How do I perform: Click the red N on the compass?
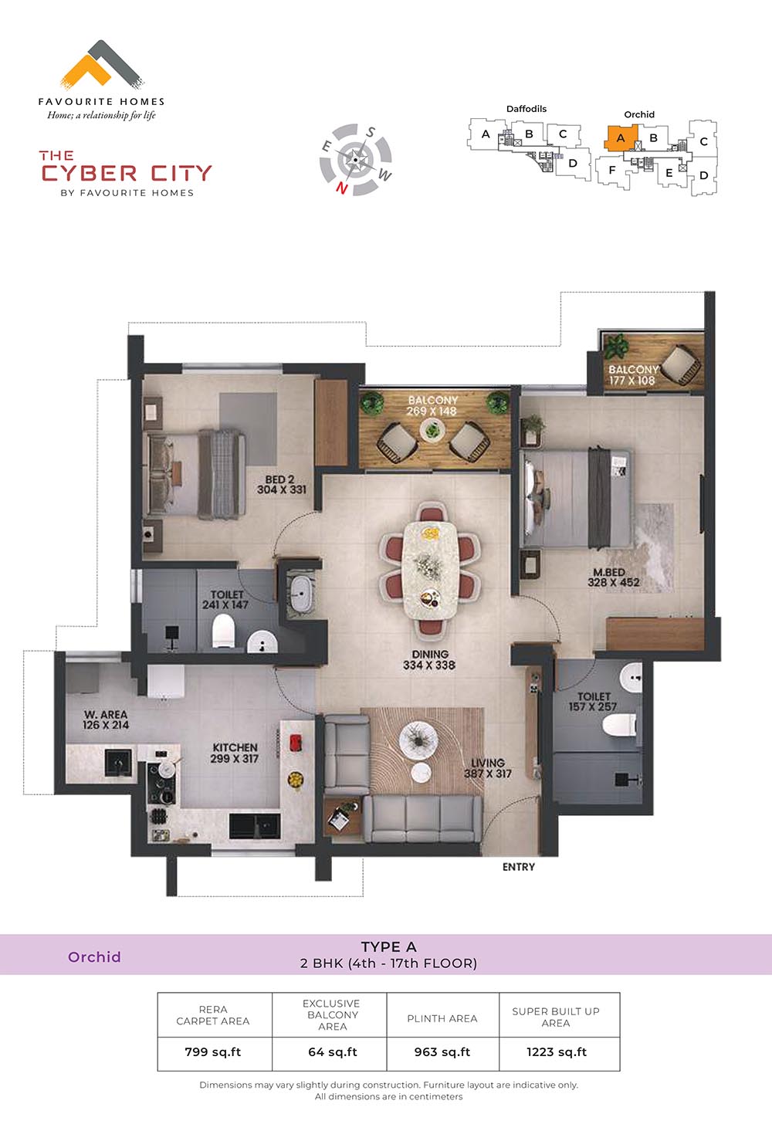[x=342, y=188]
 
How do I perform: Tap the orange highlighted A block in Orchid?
[x=621, y=138]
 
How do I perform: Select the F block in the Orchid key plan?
[x=613, y=170]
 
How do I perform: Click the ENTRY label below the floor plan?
[x=519, y=867]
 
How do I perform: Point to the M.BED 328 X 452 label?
[x=613, y=577]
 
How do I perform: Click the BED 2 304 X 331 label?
[x=281, y=484]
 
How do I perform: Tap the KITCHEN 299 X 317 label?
[x=235, y=753]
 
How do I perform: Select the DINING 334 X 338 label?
[x=429, y=659]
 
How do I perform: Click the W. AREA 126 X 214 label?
[x=106, y=719]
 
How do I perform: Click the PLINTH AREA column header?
[x=442, y=1018]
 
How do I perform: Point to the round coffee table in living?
[x=418, y=739]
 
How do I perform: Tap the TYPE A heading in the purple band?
[x=388, y=947]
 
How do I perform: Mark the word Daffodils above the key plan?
[x=526, y=109]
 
